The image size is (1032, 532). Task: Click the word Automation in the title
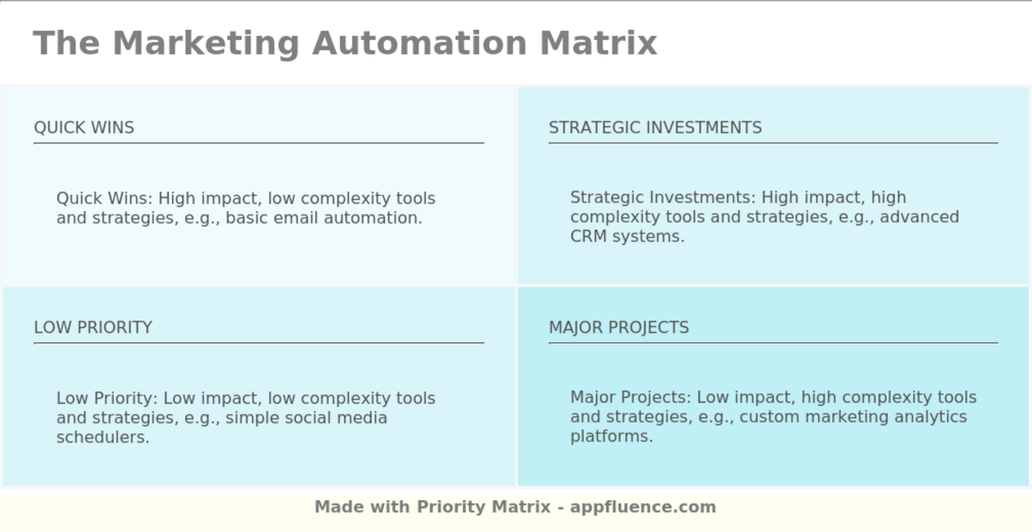pyautogui.click(x=419, y=43)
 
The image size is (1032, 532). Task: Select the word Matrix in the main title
pyautogui.click(x=598, y=43)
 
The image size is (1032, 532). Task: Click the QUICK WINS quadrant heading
pyautogui.click(x=84, y=128)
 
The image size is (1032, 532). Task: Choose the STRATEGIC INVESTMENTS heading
pyautogui.click(x=655, y=128)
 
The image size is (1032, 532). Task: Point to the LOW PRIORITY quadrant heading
pyautogui.click(x=93, y=328)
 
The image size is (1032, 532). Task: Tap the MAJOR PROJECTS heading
pyautogui.click(x=618, y=328)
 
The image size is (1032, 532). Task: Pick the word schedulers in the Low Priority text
pyautogui.click(x=102, y=438)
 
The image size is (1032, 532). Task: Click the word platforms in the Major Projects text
pyautogui.click(x=611, y=437)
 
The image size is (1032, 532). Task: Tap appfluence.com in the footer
pyautogui.click(x=643, y=507)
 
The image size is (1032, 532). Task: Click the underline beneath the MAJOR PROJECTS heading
pyautogui.click(x=773, y=343)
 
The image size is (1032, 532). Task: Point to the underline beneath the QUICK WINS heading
pyautogui.click(x=259, y=143)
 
